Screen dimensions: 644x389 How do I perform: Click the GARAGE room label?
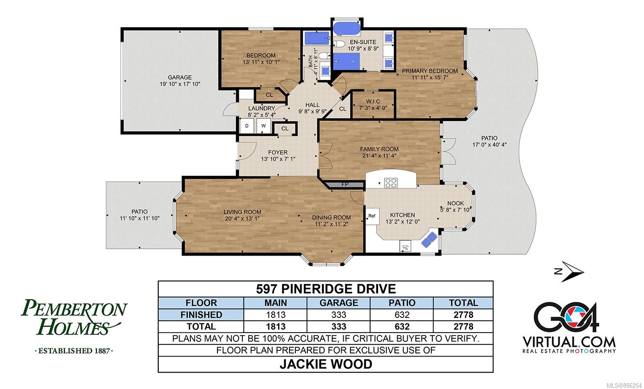coord(180,77)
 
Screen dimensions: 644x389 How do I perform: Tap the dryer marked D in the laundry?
coord(247,126)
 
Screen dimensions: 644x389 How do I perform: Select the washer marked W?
coord(264,126)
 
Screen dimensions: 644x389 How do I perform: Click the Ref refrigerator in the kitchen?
coord(372,216)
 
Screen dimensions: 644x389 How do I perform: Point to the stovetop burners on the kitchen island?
coord(391,182)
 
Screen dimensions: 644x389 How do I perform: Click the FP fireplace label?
coord(345,184)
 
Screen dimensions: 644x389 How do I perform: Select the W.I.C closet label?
coord(373,101)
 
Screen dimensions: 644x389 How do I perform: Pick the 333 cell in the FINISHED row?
coord(338,315)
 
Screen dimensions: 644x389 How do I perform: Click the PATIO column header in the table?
coord(402,303)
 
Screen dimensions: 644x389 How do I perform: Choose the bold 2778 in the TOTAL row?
coord(463,327)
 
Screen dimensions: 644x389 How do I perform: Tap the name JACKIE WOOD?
coord(326,364)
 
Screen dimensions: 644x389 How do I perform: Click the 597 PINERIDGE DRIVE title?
coord(326,289)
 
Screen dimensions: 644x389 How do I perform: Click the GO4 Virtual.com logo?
coord(569,327)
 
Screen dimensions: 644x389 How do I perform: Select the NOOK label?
coord(455,204)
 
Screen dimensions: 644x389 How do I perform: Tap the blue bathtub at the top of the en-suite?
coord(346,28)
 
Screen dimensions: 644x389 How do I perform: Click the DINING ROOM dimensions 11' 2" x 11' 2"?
coord(332,224)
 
